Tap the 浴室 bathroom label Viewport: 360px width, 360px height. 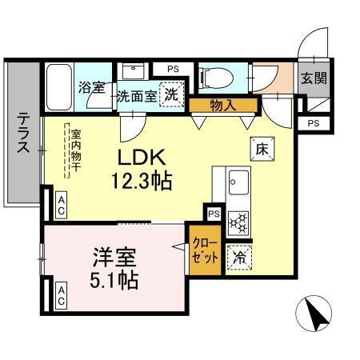[92, 87]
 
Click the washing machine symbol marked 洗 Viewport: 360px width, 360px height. [171, 94]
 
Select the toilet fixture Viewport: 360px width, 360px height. [211, 76]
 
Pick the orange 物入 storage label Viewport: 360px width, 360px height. [223, 103]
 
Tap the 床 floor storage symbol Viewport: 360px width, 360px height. [261, 148]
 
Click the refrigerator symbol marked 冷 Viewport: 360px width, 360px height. [238, 258]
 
